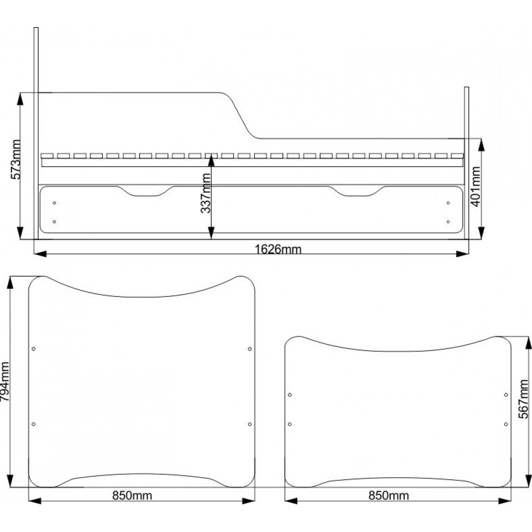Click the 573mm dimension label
[16, 159]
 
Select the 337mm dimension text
[205, 193]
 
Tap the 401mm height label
[476, 187]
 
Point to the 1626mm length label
[278, 250]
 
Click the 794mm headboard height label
[5, 381]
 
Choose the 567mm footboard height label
[524, 399]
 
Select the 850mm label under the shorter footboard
[389, 496]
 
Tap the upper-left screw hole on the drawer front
[54, 203]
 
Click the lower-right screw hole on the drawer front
[448, 221]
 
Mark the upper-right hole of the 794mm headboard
[250, 349]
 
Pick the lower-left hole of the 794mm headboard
[34, 424]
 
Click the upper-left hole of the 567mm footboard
[290, 395]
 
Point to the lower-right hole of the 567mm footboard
[506, 424]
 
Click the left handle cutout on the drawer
[145, 194]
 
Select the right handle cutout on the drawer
[357, 194]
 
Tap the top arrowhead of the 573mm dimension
[20, 98]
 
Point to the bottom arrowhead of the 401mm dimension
[481, 233]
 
